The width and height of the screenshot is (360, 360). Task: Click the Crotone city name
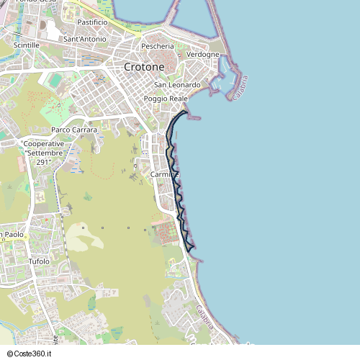point(144,66)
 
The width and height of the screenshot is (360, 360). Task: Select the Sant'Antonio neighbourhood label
point(85,39)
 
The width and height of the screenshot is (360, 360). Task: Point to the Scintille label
point(27,45)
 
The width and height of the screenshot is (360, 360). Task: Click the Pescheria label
point(158,46)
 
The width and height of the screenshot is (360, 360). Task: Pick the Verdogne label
point(202,55)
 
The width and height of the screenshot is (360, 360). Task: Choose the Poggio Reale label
point(166,98)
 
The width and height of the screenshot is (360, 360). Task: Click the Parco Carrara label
point(74,130)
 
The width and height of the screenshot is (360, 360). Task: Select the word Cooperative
point(44,144)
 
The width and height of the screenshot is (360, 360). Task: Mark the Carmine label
point(164,175)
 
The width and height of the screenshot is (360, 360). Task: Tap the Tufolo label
point(39,261)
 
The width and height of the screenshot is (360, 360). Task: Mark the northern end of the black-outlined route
point(187,112)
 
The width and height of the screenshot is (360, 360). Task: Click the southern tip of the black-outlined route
point(193,250)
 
